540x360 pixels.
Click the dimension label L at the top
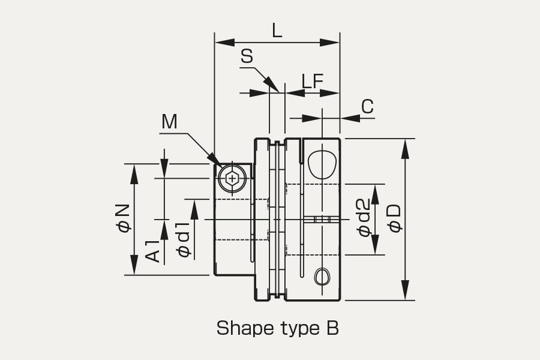tap(277, 31)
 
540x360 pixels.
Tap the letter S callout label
tap(247, 56)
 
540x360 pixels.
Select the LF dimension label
tap(313, 82)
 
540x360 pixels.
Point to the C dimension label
tap(367, 106)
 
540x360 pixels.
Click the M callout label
tap(169, 122)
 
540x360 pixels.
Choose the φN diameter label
tap(123, 218)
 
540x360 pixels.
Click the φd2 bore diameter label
tap(364, 217)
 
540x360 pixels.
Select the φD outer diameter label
tap(394, 218)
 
